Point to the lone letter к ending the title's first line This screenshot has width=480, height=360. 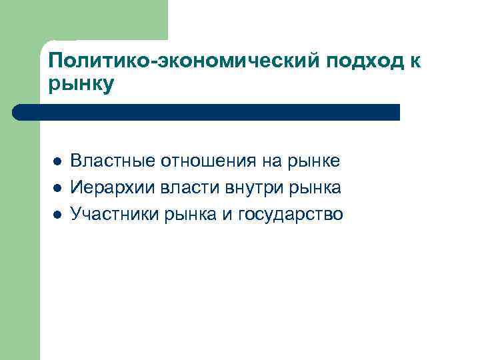coord(415,62)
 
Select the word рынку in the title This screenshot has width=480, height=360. coord(81,85)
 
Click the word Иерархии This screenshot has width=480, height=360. coord(112,188)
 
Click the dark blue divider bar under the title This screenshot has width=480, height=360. coord(207,112)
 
